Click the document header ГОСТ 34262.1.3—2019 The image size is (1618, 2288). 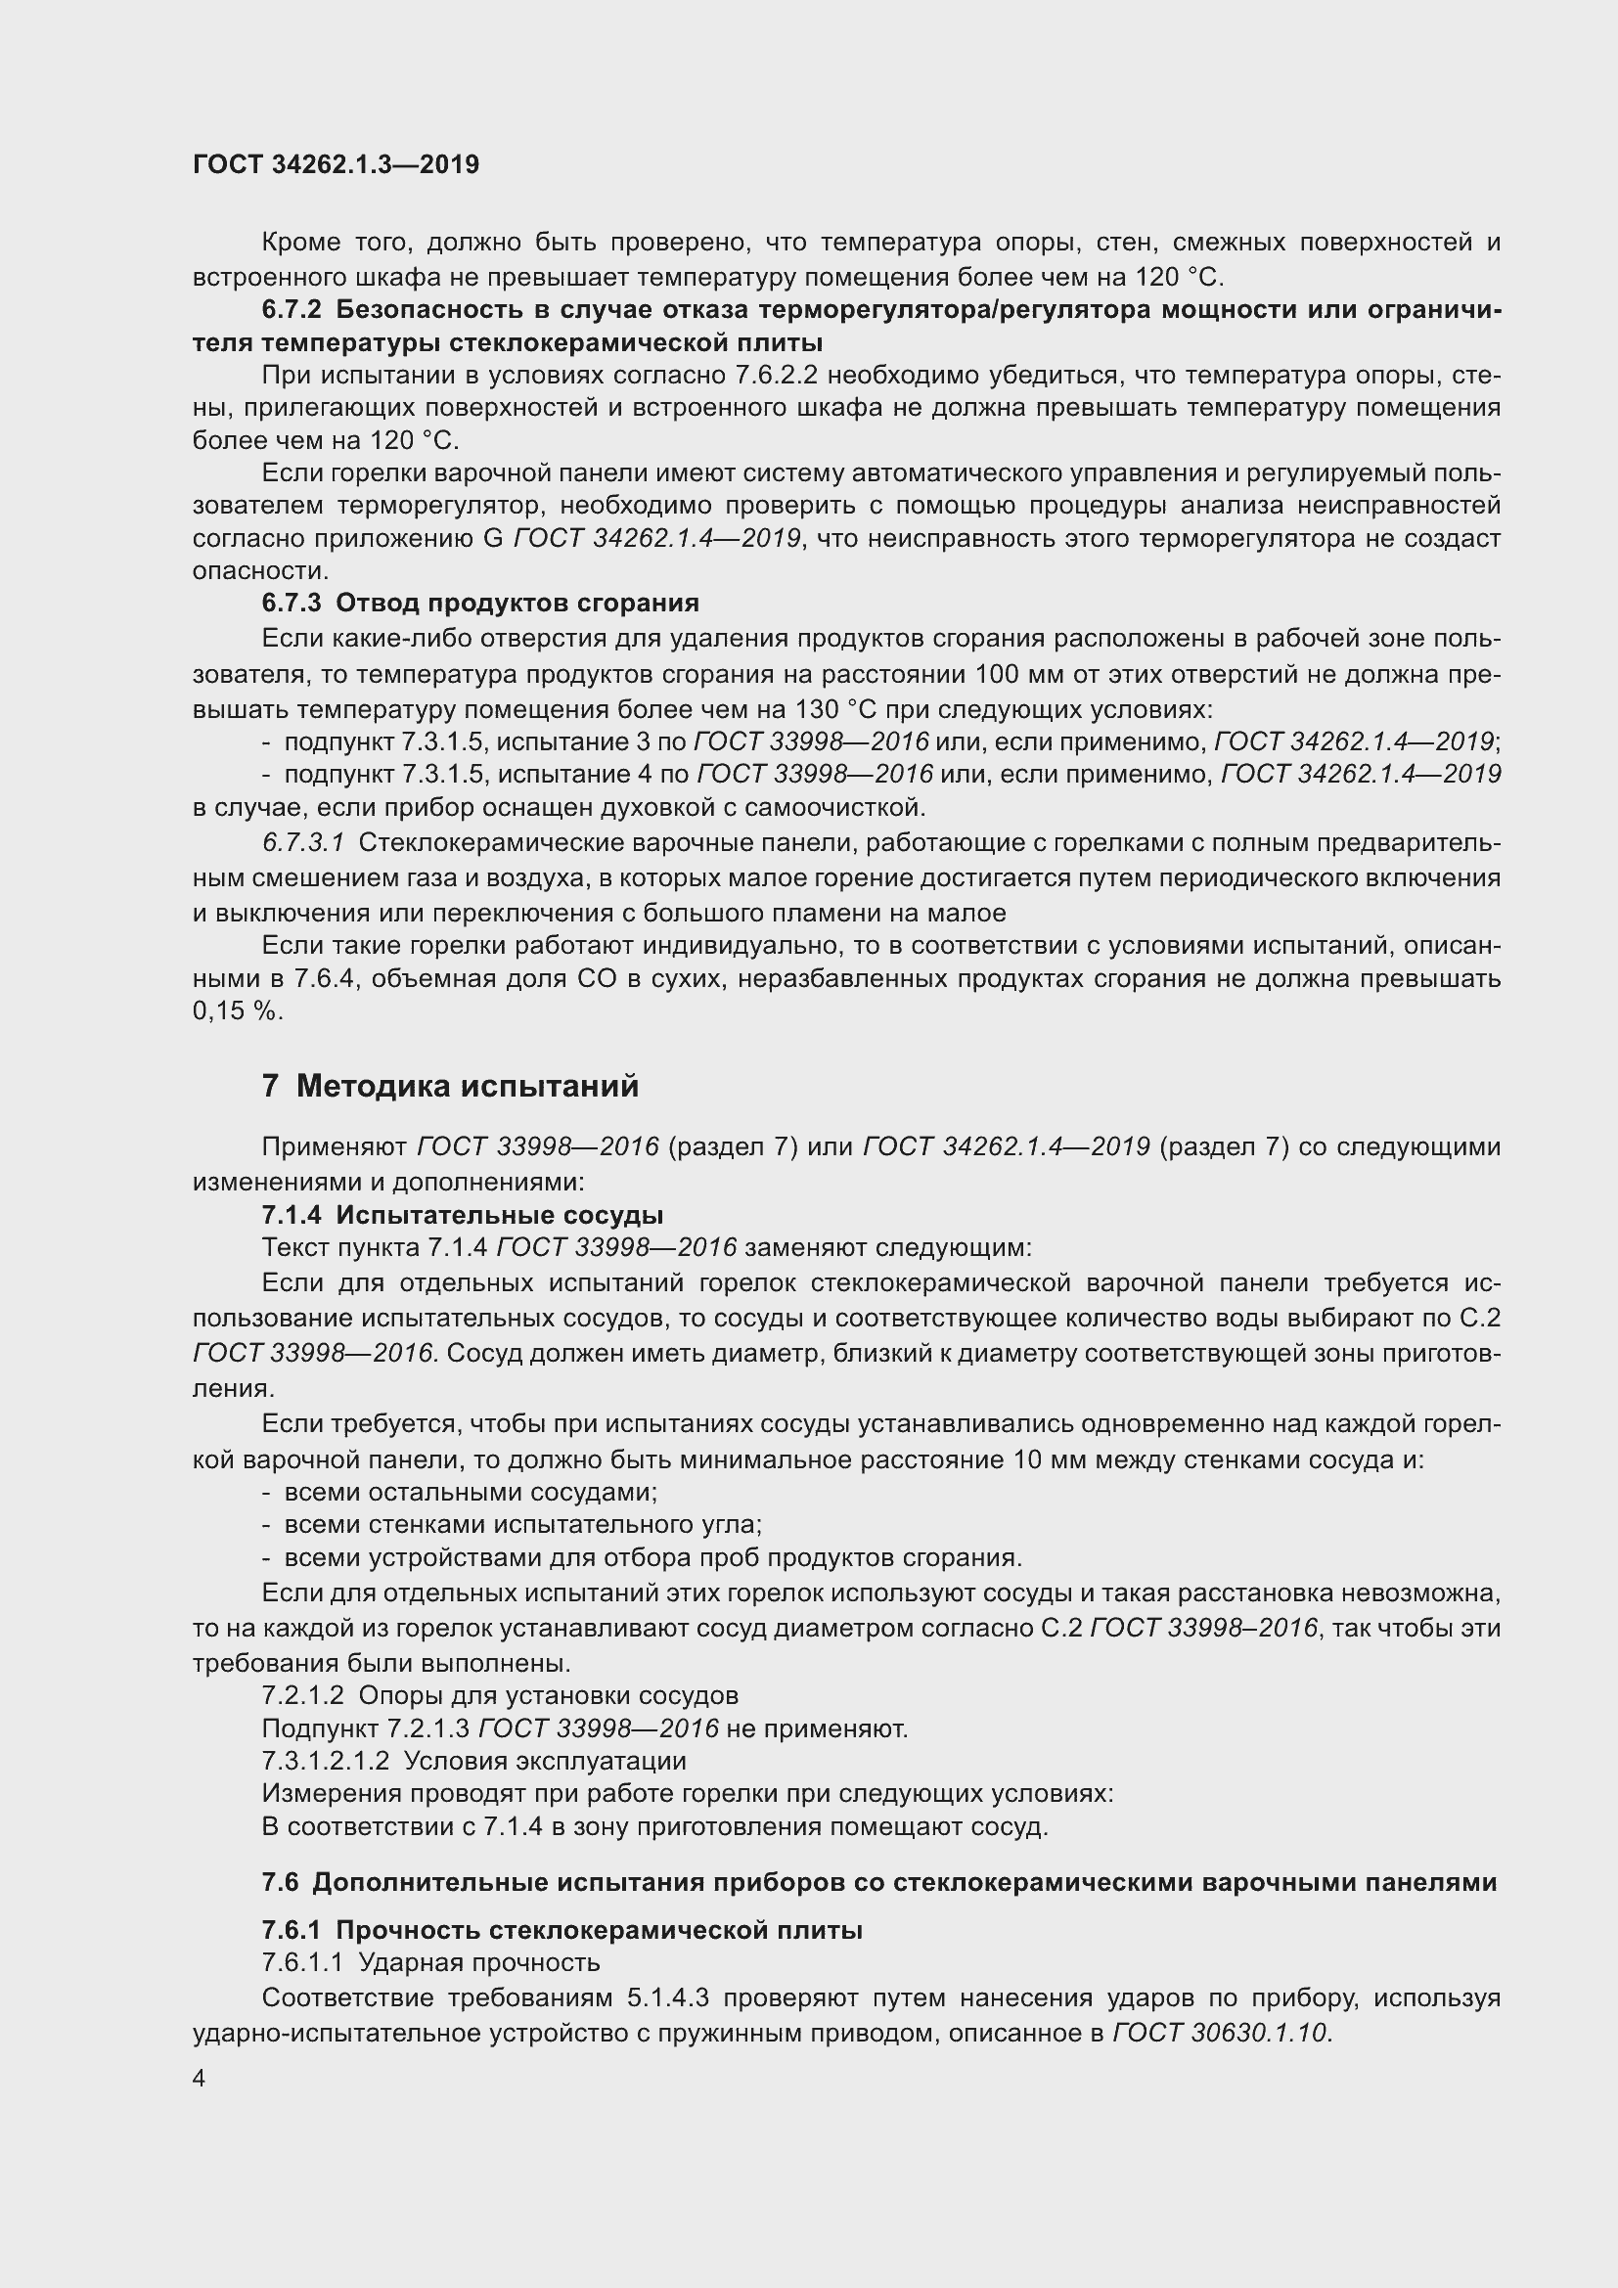336,164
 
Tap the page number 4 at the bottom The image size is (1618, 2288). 200,2078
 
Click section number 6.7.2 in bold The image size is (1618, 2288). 292,310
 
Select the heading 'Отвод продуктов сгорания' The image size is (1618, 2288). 517,603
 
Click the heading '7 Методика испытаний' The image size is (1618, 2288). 450,1085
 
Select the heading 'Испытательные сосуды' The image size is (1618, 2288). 499,1215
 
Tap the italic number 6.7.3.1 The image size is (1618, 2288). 303,843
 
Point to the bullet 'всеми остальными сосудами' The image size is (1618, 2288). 471,1492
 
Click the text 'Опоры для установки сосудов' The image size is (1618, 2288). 548,1695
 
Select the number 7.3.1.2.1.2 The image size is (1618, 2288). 326,1761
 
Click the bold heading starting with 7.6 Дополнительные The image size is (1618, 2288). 878,1882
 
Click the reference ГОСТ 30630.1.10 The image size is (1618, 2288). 1222,2033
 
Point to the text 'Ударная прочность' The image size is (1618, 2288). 478,1963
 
